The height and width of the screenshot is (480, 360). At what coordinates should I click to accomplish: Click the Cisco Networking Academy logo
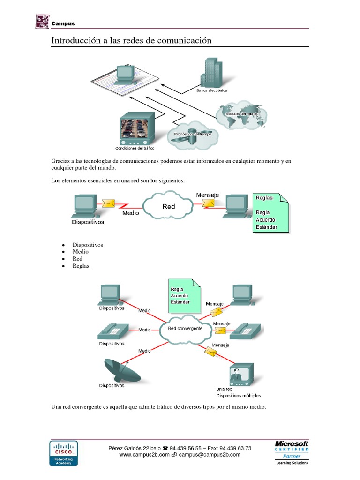tap(64, 453)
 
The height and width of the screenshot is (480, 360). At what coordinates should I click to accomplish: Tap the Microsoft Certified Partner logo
tap(291, 452)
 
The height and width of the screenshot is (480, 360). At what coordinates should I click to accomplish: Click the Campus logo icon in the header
tap(42, 22)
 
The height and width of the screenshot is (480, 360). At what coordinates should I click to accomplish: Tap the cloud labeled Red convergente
tap(185, 329)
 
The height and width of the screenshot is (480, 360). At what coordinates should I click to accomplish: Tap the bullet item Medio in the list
tap(80, 252)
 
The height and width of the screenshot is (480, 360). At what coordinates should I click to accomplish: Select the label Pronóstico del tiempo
tap(193, 134)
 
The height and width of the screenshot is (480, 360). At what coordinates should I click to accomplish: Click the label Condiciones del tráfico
tap(135, 148)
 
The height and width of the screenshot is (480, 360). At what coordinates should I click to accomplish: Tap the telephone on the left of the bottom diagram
tap(111, 330)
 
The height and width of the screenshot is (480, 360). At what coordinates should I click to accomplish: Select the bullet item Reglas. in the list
tap(82, 266)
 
